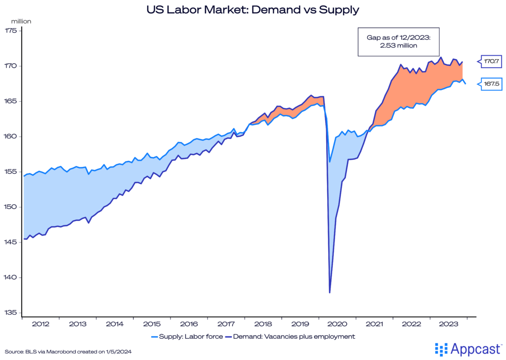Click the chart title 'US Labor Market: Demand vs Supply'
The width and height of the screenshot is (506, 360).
[x=253, y=9]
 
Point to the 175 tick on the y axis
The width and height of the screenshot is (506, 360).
[x=10, y=31]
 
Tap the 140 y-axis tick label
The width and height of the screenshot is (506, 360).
[x=10, y=278]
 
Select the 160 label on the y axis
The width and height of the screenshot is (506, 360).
[x=10, y=137]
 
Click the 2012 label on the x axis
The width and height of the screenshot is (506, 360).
[x=41, y=324]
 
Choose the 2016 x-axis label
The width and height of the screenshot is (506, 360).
[x=189, y=324]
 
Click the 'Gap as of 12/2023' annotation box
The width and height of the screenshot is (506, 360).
[x=392, y=41]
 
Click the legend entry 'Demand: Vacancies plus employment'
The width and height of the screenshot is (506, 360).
[x=291, y=337]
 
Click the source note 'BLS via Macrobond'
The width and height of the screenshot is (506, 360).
[x=68, y=351]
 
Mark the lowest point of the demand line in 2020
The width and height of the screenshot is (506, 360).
[x=330, y=292]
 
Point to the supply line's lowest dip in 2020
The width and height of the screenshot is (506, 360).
[x=330, y=161]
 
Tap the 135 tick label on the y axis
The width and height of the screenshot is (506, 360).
[x=10, y=313]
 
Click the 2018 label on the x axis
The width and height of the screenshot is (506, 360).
[x=263, y=324]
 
